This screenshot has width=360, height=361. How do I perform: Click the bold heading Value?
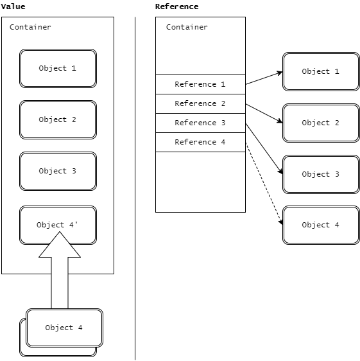click(x=13, y=6)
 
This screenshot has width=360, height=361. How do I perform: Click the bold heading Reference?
click(x=176, y=6)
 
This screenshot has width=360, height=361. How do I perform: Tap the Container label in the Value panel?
click(x=30, y=27)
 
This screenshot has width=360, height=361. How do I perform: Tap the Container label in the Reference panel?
click(x=187, y=27)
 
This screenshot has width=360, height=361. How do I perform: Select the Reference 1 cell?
click(x=200, y=84)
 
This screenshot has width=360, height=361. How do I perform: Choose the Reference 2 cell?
click(x=200, y=103)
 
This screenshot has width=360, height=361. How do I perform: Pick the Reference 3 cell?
click(x=200, y=123)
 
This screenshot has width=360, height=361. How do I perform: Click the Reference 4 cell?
click(x=200, y=142)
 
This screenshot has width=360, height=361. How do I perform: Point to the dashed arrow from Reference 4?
click(x=264, y=184)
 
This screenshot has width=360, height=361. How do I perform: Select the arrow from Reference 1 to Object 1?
click(x=264, y=78)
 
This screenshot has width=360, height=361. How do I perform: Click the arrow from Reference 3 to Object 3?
click(x=264, y=149)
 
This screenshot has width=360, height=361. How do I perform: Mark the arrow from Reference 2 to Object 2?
click(x=264, y=114)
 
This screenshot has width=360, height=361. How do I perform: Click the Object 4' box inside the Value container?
click(x=58, y=225)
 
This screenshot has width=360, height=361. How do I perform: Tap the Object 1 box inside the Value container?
click(x=58, y=68)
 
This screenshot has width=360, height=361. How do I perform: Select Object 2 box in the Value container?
click(x=58, y=119)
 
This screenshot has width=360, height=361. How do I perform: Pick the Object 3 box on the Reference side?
click(x=321, y=174)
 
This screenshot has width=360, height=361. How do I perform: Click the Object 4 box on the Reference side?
click(x=321, y=225)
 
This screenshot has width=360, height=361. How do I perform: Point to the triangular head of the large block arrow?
click(x=60, y=245)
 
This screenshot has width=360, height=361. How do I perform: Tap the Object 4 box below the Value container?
click(x=64, y=328)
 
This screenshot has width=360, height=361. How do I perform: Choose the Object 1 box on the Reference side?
click(x=321, y=71)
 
